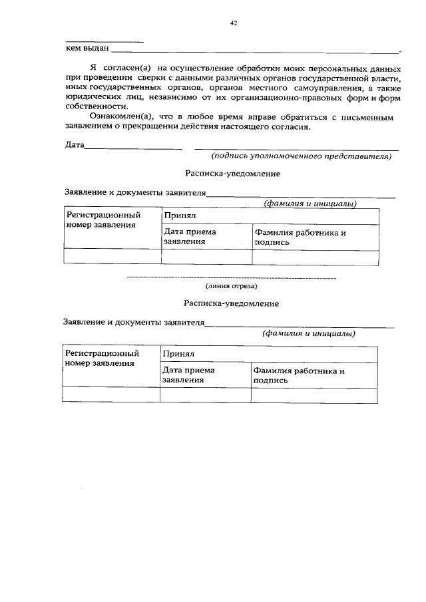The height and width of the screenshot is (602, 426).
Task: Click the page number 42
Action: tap(233, 23)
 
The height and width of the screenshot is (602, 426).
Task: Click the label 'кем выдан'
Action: tap(87, 49)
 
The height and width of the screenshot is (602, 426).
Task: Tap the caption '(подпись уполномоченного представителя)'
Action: tap(300, 157)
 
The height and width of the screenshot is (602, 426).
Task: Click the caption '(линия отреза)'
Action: tap(231, 286)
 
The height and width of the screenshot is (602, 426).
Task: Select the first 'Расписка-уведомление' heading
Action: tap(232, 174)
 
